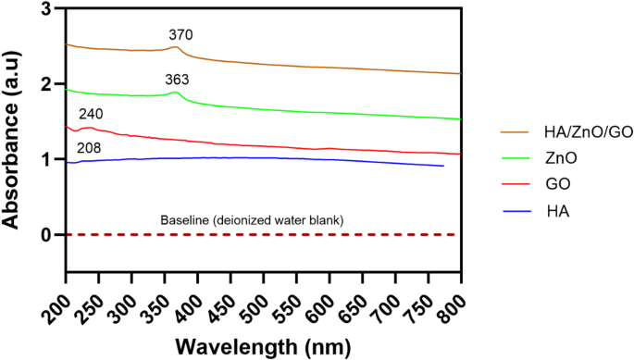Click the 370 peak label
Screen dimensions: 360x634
coord(180,34)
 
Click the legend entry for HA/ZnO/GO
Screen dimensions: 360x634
coord(555,130)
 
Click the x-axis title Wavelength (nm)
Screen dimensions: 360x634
coord(263,347)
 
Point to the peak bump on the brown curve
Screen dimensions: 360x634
coord(176,47)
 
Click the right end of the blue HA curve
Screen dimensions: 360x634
coord(443,166)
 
